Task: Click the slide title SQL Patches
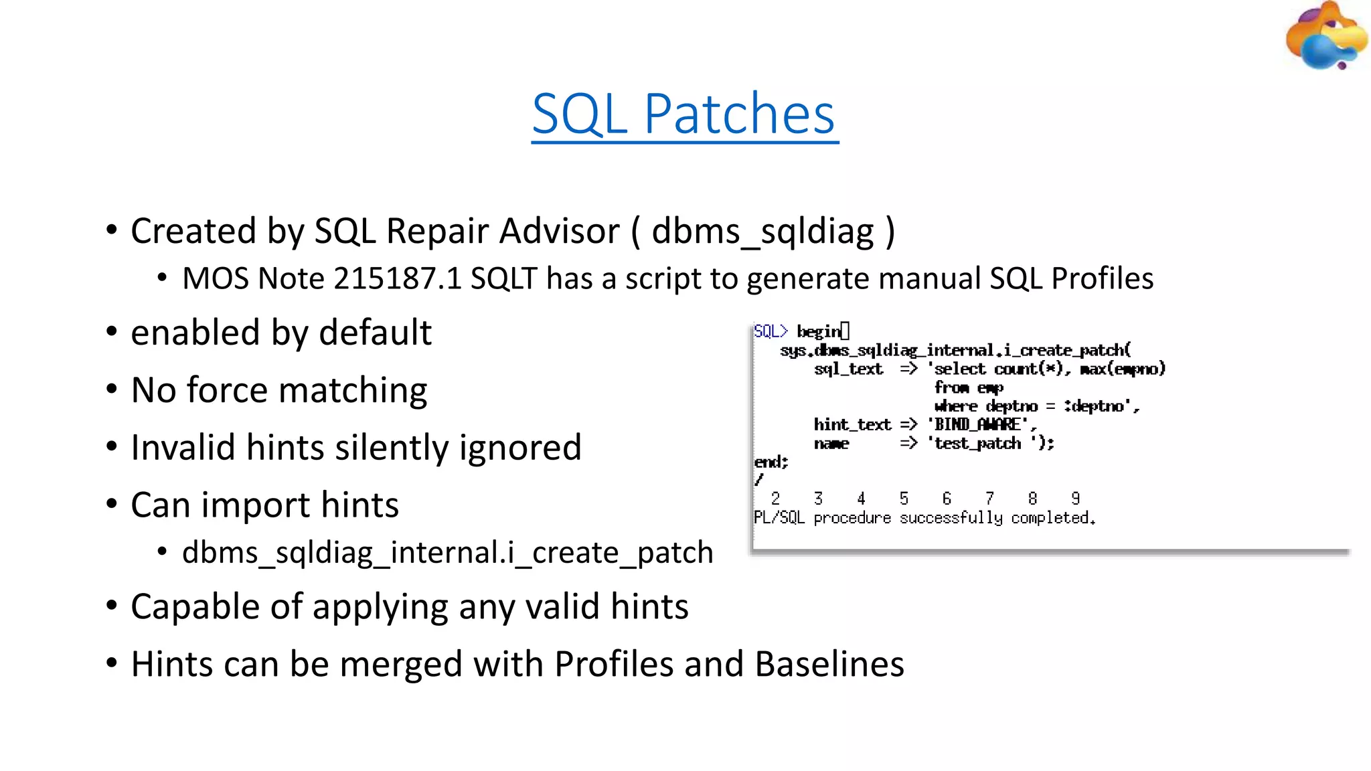(x=683, y=114)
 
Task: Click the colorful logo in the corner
(x=1325, y=37)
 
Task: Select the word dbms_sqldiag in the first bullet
(x=762, y=232)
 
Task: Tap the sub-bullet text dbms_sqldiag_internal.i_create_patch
(x=447, y=553)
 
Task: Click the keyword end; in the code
(x=771, y=462)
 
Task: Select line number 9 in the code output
(x=1075, y=499)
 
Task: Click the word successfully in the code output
(x=951, y=518)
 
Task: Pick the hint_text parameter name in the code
(x=852, y=424)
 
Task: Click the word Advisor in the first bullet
(x=558, y=232)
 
